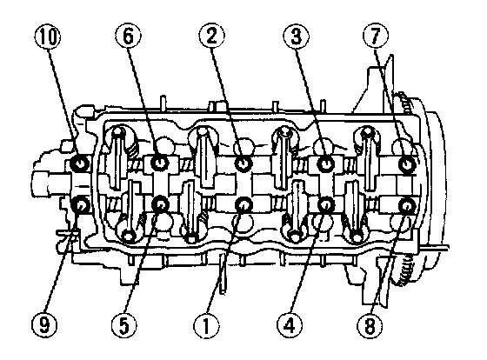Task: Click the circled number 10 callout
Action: [48, 37]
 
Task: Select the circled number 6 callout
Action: [128, 37]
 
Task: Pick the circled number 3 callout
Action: [296, 37]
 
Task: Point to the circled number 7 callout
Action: [376, 37]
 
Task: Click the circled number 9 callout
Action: [44, 325]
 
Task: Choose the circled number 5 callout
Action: [124, 325]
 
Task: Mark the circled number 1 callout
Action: [206, 325]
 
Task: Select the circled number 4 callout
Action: [290, 325]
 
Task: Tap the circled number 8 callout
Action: [370, 325]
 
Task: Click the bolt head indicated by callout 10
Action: [80, 163]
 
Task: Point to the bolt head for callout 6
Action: [160, 163]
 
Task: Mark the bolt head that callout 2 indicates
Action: [243, 163]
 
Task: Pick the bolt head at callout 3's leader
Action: [325, 163]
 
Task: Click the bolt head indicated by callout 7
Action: [407, 163]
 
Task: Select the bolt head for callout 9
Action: [80, 205]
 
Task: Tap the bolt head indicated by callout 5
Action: [161, 204]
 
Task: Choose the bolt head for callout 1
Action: [243, 205]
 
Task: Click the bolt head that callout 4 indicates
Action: [326, 204]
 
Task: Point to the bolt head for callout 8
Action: [407, 205]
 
